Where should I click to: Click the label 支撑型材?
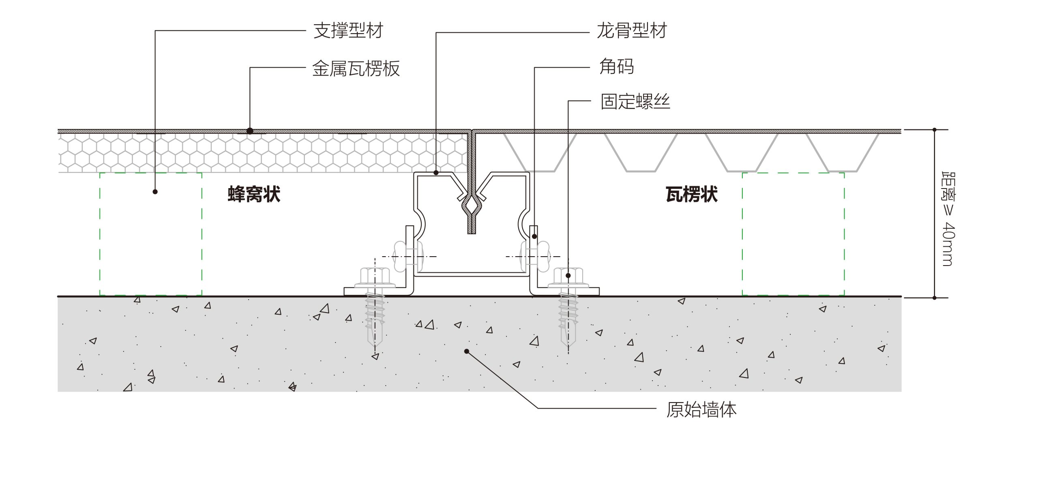[x=348, y=31]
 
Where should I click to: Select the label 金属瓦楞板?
[x=356, y=68]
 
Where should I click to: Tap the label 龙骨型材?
[x=632, y=31]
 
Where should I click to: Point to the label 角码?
[x=617, y=66]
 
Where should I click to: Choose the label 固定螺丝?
[x=635, y=101]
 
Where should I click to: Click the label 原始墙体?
[x=701, y=409]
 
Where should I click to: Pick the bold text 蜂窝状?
[x=254, y=194]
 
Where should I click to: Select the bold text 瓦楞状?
[x=692, y=194]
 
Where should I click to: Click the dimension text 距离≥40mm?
[x=948, y=219]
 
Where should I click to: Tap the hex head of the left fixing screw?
[x=375, y=276]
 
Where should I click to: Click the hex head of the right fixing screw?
[x=568, y=276]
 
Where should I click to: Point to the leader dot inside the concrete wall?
[x=467, y=351]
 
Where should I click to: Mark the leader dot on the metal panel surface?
[x=250, y=131]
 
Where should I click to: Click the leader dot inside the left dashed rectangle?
[x=155, y=191]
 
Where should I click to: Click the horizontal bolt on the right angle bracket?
[x=534, y=256]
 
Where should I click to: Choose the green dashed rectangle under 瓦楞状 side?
[x=793, y=234]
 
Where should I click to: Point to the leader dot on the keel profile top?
[x=436, y=173]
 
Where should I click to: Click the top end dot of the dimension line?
[x=934, y=130]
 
